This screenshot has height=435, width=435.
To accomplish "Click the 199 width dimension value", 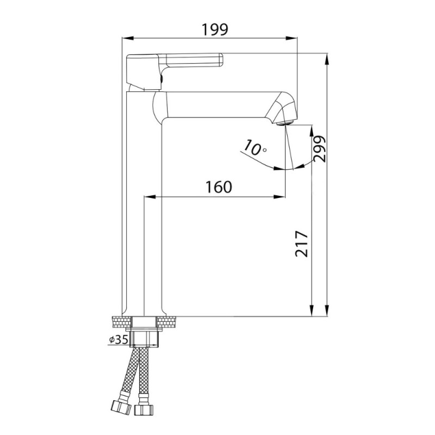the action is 215,30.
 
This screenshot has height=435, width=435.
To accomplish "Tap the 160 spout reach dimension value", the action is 219,187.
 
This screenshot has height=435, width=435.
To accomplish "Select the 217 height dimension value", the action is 302,243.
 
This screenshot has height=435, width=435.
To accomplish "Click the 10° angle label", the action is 254,148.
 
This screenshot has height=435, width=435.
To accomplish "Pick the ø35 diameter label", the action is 118,339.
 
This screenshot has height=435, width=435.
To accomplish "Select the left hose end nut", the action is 121,407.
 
